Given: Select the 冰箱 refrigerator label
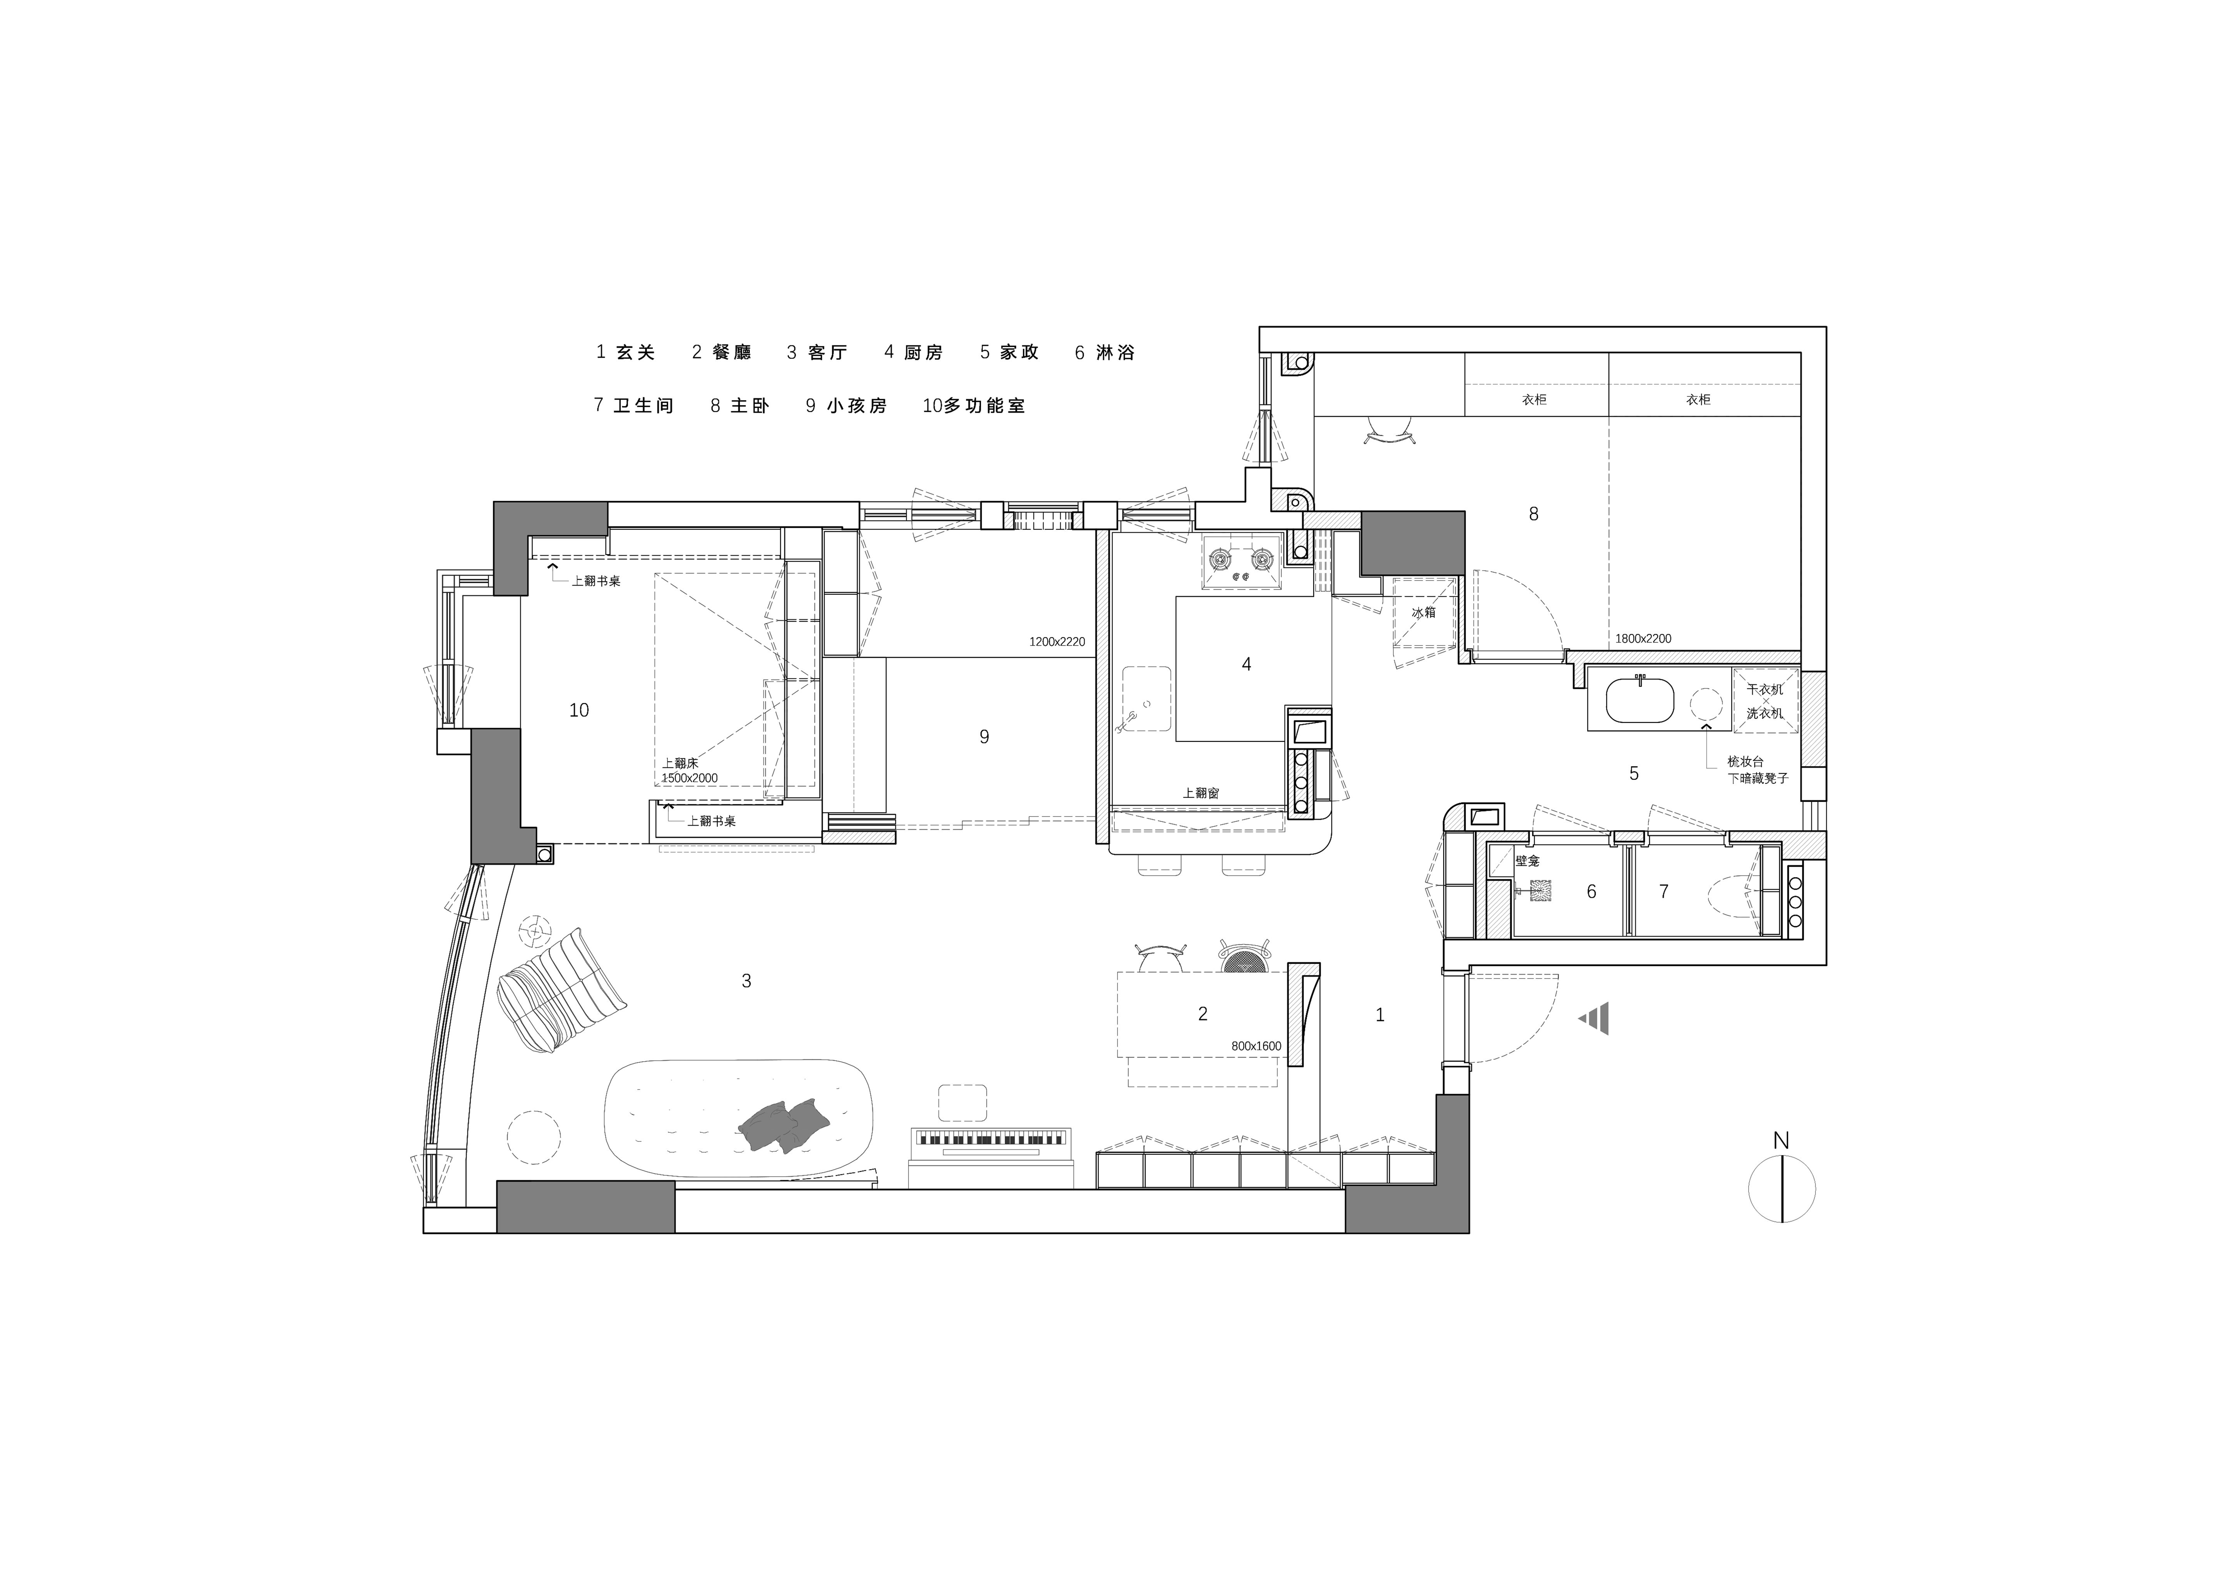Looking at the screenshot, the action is (x=1424, y=613).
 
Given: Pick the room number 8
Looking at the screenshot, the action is (x=1534, y=514).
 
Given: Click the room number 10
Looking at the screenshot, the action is (x=580, y=710).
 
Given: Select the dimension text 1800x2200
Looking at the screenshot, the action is (x=1643, y=639).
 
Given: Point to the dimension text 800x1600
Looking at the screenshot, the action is (x=1256, y=1045).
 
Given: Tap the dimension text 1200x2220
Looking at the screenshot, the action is (x=1057, y=642).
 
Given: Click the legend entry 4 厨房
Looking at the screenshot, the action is (x=913, y=352).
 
